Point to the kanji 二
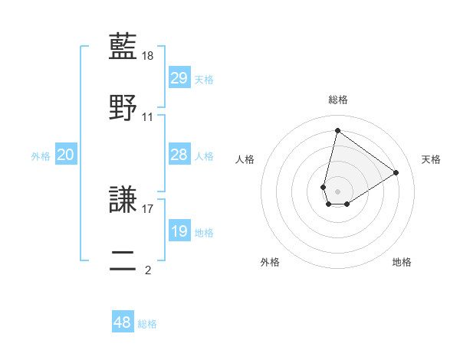click(x=123, y=260)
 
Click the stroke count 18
click(x=149, y=56)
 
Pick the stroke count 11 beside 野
click(x=148, y=117)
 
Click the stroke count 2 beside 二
click(x=148, y=270)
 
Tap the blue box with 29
click(x=179, y=77)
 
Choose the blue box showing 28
click(x=179, y=155)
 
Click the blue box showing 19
click(x=179, y=231)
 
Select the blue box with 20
click(x=66, y=155)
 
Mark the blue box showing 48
click(x=123, y=322)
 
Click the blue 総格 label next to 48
click(x=147, y=324)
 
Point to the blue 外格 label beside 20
click(x=41, y=155)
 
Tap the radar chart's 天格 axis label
click(x=431, y=159)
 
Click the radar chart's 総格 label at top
click(x=337, y=100)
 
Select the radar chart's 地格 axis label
click(x=402, y=262)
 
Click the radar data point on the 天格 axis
click(x=396, y=172)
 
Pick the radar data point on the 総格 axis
click(x=337, y=130)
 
